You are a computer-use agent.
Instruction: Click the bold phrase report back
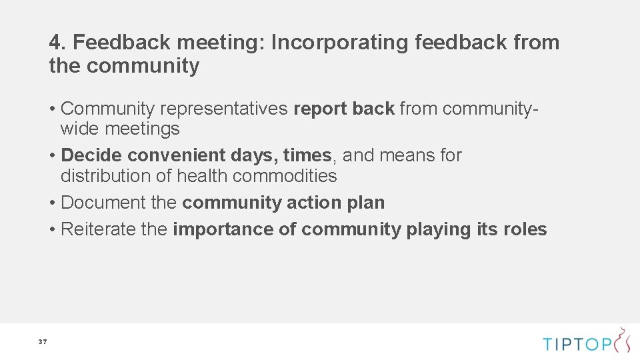[x=344, y=109]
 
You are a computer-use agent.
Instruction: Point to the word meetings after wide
[x=142, y=129]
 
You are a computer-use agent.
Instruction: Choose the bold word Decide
[x=91, y=155]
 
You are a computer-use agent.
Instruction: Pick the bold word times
[x=307, y=155]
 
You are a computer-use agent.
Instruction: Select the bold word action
[x=315, y=203]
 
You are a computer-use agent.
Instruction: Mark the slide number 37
[x=43, y=342]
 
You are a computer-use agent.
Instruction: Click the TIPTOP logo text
[x=577, y=344]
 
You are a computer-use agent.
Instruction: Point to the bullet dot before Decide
[x=52, y=156]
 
